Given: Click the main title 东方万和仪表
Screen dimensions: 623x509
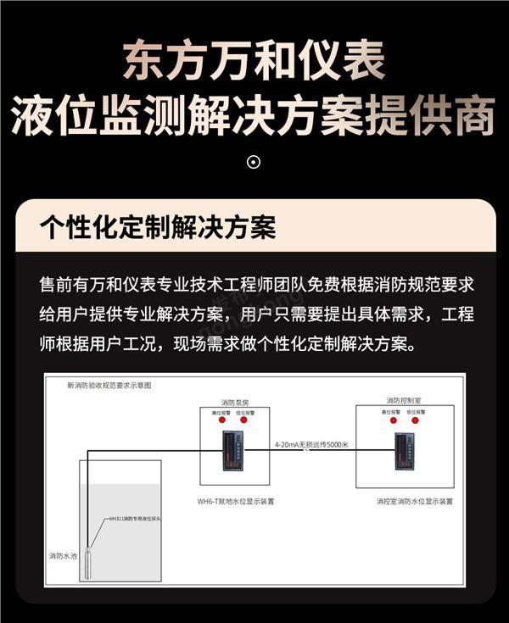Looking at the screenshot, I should click(x=255, y=61).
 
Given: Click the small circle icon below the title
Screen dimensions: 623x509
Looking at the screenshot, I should click(x=254, y=162).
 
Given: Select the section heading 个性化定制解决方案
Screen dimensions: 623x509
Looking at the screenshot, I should click(x=158, y=228).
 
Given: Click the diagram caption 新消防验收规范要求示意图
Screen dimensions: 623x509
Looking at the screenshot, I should click(x=109, y=385).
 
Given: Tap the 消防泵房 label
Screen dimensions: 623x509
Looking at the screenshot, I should click(x=235, y=401).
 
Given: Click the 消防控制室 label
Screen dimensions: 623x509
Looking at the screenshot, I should click(x=403, y=400).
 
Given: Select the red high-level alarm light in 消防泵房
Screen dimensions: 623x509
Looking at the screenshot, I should click(x=221, y=420).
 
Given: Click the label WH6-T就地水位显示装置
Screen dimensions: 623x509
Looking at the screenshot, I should click(x=236, y=501).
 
